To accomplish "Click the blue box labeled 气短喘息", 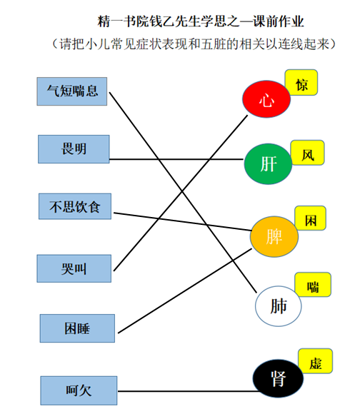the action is [72, 91].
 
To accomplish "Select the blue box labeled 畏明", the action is [74, 149].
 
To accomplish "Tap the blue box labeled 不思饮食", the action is [75, 206].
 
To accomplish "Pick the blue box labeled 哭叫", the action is [74, 268].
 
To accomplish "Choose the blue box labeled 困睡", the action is [77, 328].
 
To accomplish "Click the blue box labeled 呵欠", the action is [79, 390].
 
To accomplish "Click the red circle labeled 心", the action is [266, 99].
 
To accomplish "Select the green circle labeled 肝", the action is [268, 164].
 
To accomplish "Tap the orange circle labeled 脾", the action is [274, 236].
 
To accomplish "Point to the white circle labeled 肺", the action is [278, 306].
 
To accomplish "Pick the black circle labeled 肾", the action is [278, 378].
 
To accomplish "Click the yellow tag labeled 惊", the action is [301, 82].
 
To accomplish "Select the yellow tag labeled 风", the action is [307, 153].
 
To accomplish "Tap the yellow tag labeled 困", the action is [310, 218].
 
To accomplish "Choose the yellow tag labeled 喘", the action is [313, 285].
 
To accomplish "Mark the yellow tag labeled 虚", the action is [316, 361].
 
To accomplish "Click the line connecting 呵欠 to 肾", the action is [188, 391].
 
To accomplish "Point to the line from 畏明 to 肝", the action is [176, 159].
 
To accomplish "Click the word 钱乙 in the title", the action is [162, 21].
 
